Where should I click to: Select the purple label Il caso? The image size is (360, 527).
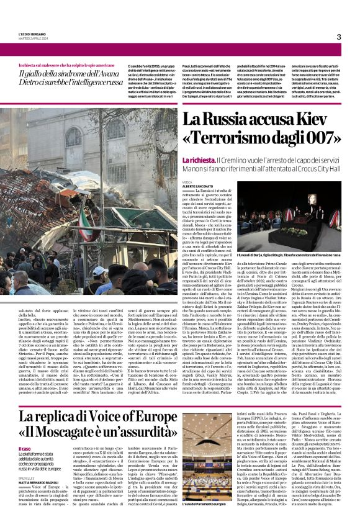[25, 449]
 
